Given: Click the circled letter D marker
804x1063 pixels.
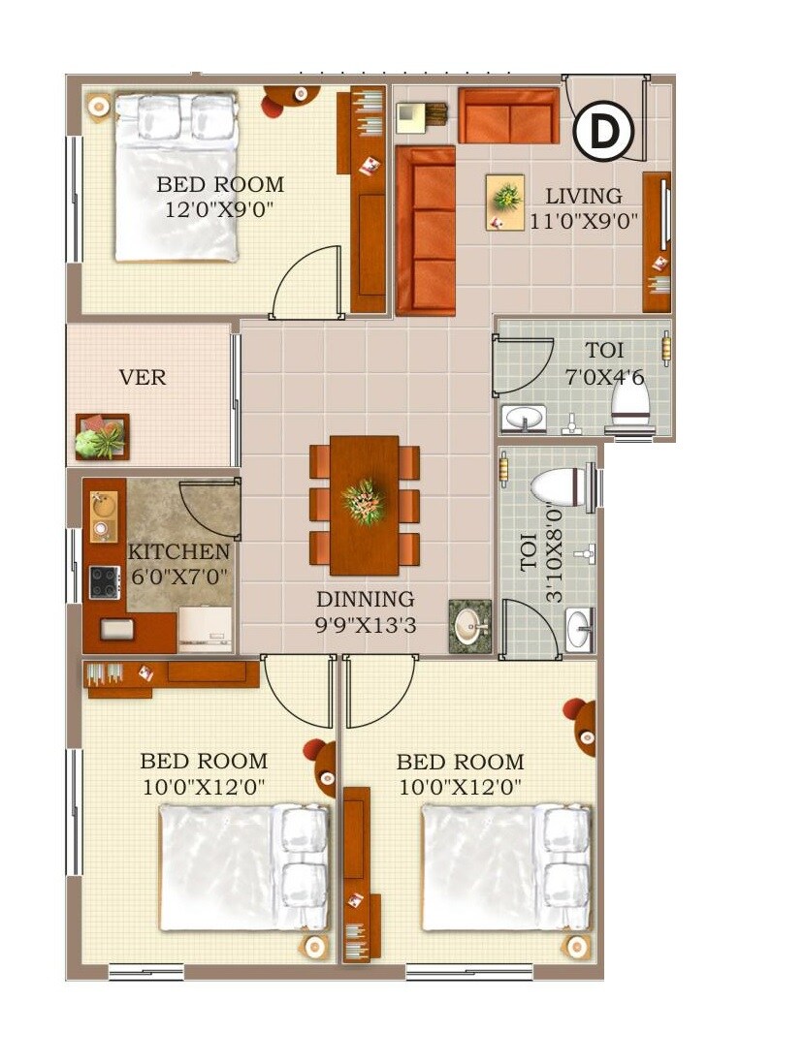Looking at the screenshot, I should point(603,133).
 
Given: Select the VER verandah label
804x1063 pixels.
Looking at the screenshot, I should point(143,378).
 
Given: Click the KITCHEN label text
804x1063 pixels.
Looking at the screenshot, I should point(179,552).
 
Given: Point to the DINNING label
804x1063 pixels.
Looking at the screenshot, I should point(365,600).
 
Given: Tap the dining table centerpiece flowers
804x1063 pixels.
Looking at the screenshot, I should point(364,500).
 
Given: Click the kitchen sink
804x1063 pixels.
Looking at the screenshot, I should point(102,505).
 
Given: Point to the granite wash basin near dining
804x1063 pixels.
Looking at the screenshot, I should point(470,626).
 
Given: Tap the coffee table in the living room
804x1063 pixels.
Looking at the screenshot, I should point(504,202).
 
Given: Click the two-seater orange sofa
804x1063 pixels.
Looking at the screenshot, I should point(508,116).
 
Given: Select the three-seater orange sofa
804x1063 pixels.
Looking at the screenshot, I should point(425,231).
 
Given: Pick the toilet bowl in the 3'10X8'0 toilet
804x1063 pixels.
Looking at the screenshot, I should point(562,485).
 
